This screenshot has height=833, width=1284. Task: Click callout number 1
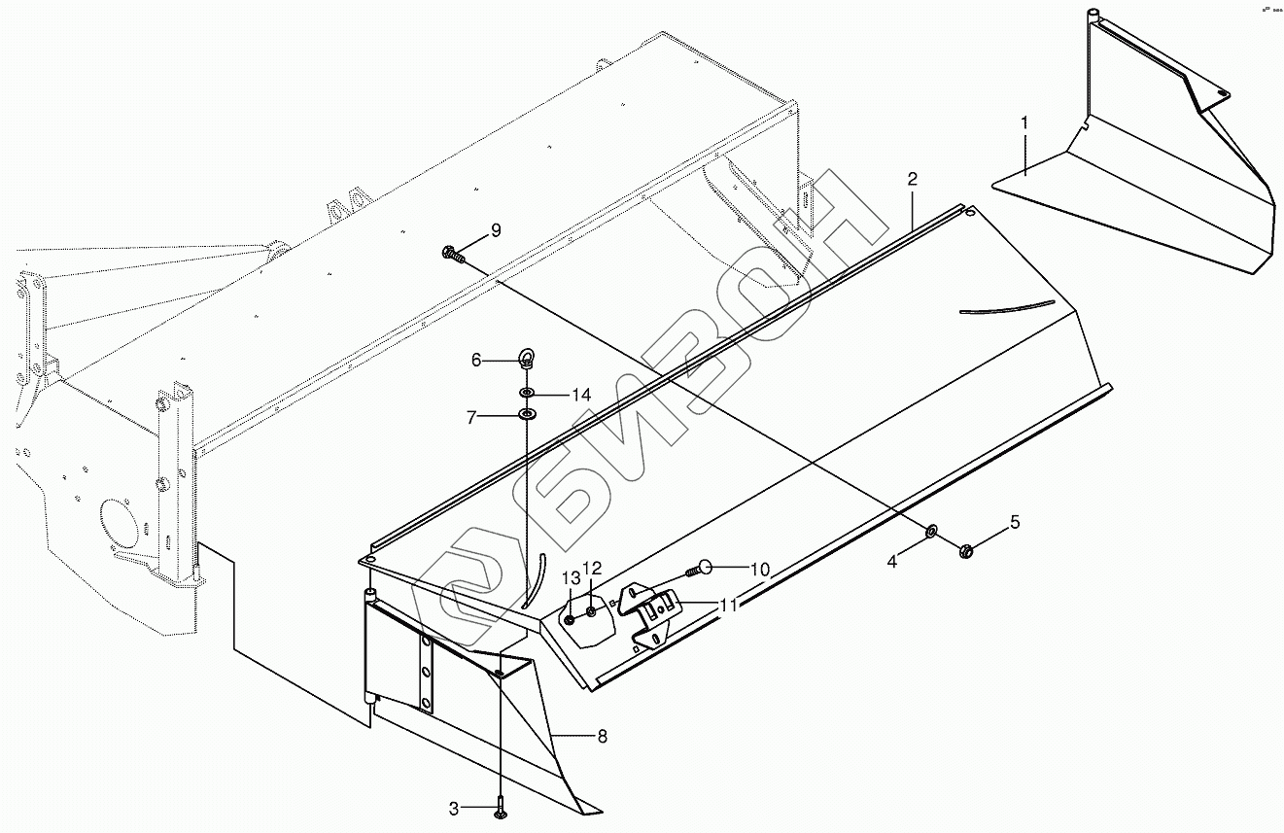[x=1024, y=123]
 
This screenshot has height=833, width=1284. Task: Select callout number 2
[x=912, y=179]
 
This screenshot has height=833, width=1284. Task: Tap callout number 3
[x=454, y=808]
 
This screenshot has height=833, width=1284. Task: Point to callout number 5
[x=1015, y=523]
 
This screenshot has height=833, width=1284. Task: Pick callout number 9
[x=496, y=230]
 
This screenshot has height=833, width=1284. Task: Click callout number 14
[x=581, y=395]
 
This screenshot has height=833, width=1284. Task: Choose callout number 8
[x=602, y=737]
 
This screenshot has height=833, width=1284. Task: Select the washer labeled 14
[x=526, y=394]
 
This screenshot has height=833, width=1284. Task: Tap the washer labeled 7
[x=527, y=416]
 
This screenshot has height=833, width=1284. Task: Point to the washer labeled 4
[x=931, y=532]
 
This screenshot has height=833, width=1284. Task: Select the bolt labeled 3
[x=499, y=806]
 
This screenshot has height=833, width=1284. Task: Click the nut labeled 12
[x=591, y=611]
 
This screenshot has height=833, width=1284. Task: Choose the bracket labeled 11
[x=652, y=611]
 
